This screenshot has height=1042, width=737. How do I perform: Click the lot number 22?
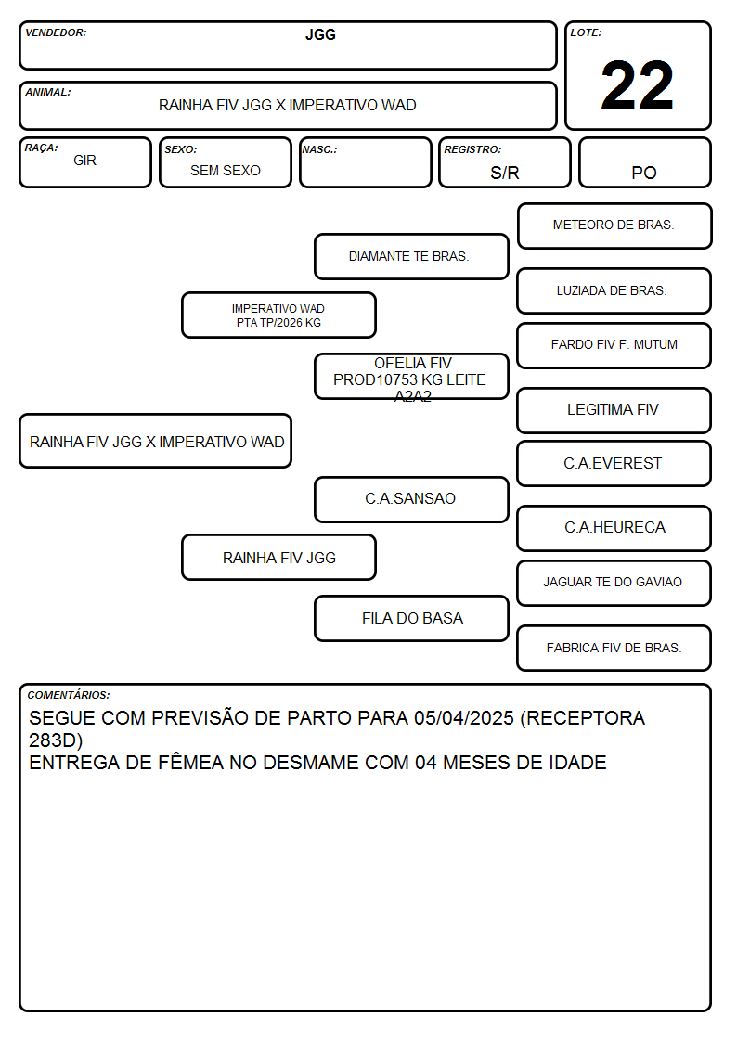637,85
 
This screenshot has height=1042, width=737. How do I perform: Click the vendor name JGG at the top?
320,34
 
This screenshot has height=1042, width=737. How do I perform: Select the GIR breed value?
85,161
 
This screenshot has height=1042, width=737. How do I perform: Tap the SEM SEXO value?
226,171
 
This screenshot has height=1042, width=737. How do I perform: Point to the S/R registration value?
504,173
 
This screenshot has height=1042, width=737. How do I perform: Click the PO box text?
644,173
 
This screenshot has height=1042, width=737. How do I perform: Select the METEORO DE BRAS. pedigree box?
614,226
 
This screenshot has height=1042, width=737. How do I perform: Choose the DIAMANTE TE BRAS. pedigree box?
411,256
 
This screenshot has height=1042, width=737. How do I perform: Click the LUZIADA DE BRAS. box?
614,291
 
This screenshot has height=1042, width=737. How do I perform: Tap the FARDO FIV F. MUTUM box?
614,345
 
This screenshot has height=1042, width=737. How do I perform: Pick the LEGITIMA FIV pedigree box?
614,411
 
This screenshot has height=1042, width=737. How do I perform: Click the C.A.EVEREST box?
614,464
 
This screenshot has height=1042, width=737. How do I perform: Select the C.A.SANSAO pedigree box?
411,499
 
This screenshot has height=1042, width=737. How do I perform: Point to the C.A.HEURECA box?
614,528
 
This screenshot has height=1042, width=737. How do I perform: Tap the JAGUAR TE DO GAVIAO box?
614,583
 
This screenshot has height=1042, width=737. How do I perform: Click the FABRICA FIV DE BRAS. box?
614,648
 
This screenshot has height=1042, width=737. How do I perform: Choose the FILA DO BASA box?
411,618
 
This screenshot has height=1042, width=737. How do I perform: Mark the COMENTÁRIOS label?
69,695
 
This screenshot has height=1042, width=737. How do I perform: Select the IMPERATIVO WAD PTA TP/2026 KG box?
278,315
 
